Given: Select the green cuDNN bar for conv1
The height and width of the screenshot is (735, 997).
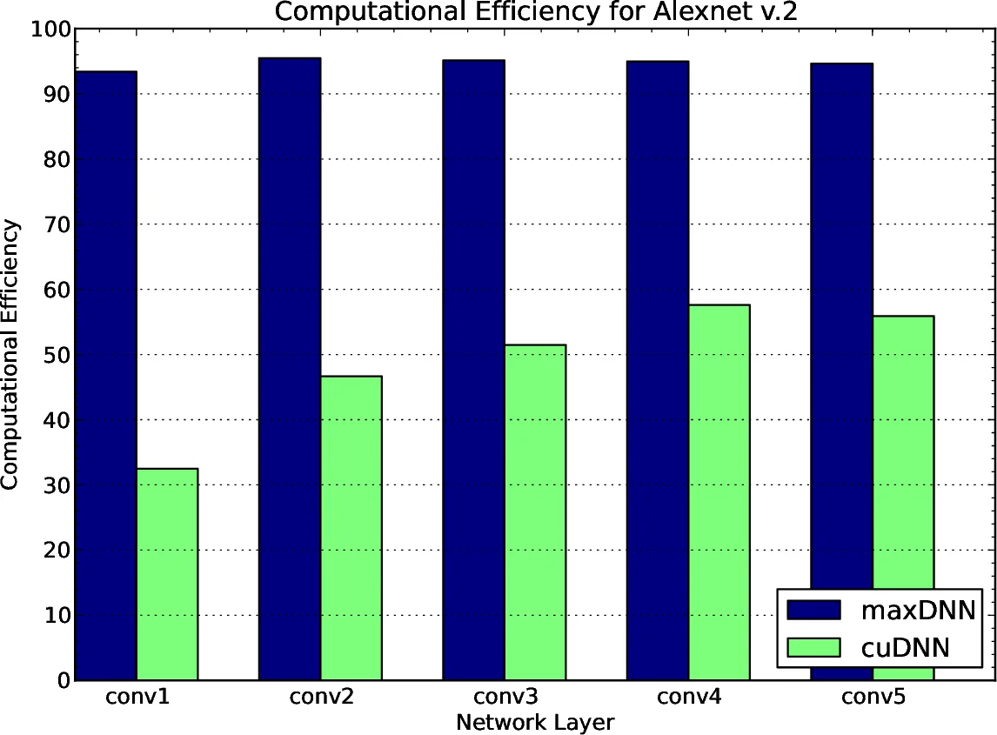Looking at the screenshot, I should point(167,574).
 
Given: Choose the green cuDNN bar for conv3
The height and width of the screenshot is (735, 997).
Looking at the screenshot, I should point(535,512).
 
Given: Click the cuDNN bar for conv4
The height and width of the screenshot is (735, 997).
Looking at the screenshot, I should point(719,492).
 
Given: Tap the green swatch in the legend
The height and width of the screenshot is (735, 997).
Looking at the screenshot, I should point(813,647).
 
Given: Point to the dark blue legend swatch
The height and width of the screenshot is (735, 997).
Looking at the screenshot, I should point(813,610).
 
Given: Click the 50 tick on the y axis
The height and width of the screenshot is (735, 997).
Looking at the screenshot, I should point(57,355).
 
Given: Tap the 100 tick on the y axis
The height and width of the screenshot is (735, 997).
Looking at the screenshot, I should point(50,30).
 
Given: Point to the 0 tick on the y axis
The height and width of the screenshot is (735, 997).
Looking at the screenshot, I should point(63,680).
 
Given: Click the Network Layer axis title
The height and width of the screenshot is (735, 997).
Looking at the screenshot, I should point(534,722).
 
